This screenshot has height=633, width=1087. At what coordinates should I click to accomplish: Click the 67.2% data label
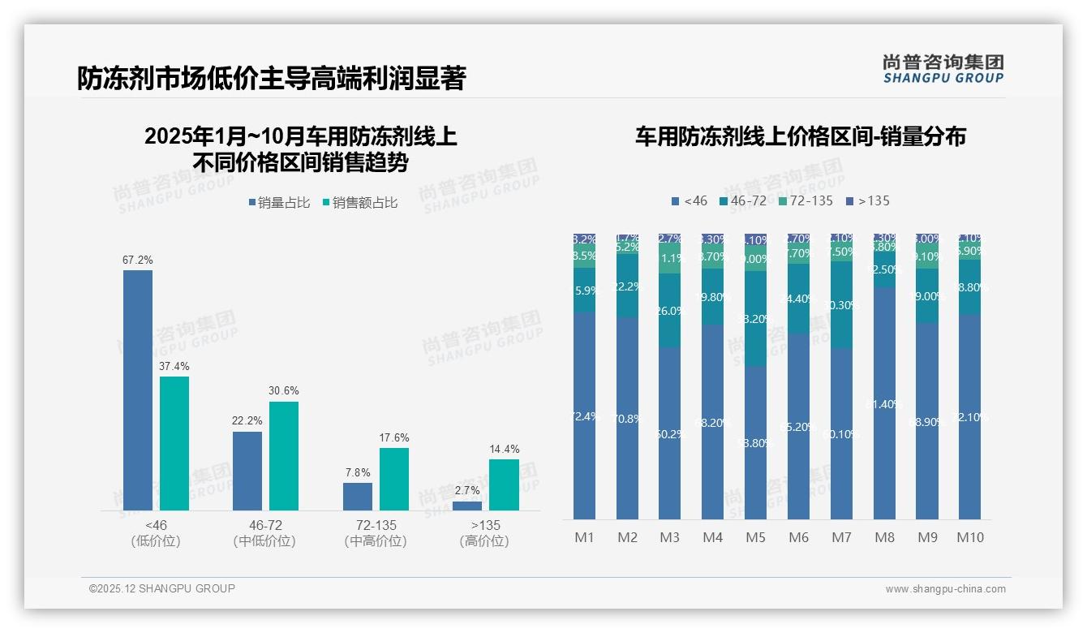(x=138, y=261)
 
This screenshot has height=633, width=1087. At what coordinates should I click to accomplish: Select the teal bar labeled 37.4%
(x=174, y=443)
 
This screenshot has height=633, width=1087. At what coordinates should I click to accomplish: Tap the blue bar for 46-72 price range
(x=247, y=471)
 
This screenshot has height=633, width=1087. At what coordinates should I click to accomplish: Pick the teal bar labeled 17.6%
(x=394, y=479)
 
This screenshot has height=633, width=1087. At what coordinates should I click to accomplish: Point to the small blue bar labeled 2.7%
(x=467, y=506)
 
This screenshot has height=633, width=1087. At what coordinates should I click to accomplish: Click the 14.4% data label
(x=505, y=449)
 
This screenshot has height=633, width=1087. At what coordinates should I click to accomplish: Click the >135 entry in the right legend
(x=867, y=200)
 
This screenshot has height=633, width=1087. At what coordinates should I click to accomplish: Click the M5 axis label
(x=755, y=537)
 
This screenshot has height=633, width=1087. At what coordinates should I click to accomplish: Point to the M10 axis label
(x=970, y=537)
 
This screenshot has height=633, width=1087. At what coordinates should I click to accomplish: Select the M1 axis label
(x=584, y=537)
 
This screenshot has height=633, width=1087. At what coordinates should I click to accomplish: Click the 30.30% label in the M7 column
(x=842, y=305)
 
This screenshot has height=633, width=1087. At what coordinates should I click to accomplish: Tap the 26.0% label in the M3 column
(x=670, y=311)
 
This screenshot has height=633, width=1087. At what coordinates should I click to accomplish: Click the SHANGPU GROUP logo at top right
(x=943, y=69)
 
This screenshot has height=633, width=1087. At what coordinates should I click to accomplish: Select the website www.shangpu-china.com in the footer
(x=945, y=589)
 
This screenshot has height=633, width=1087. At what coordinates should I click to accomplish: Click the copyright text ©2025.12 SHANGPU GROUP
(x=162, y=588)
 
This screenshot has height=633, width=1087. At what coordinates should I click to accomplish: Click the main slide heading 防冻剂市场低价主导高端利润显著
(x=272, y=79)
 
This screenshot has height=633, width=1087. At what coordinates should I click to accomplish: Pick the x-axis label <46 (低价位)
(x=156, y=533)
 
